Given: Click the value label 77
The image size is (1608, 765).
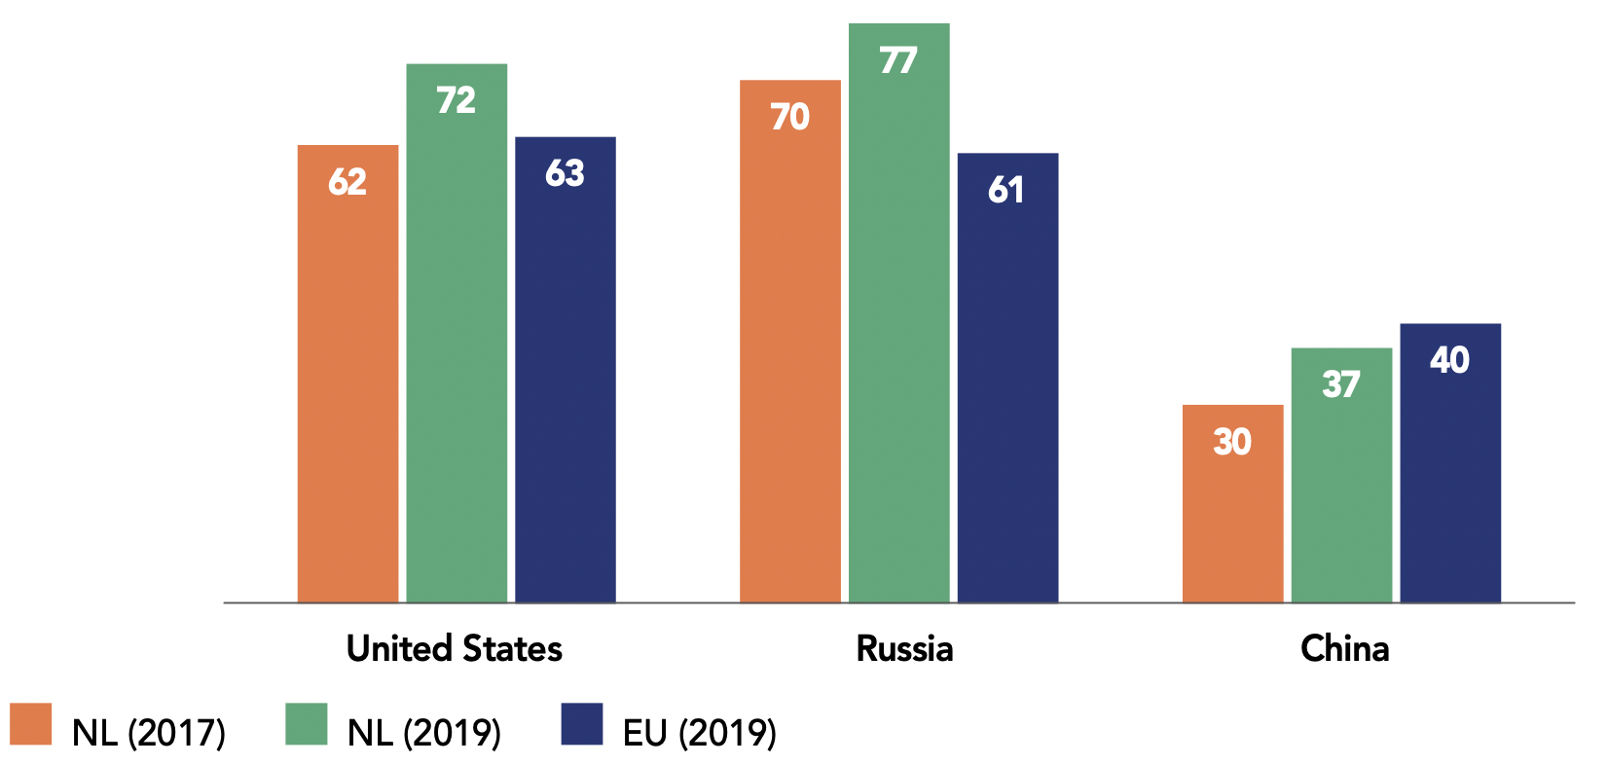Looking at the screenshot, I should pyautogui.click(x=898, y=61).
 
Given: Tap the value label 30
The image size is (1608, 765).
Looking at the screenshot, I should pyautogui.click(x=1232, y=442).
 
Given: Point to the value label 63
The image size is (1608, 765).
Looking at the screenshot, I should pyautogui.click(x=565, y=173).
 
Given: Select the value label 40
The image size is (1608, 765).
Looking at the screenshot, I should pyautogui.click(x=1450, y=360).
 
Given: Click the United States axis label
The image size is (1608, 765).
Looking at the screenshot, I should pyautogui.click(x=455, y=648).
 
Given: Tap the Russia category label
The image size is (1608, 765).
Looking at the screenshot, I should pyautogui.click(x=904, y=648).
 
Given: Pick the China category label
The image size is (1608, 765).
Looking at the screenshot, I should pyautogui.click(x=1344, y=648).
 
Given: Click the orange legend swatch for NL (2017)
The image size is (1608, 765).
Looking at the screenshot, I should pyautogui.click(x=31, y=724).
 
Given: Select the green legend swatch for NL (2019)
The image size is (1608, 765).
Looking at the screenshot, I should pyautogui.click(x=307, y=724).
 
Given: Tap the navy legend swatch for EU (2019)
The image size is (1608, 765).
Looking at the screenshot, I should pyautogui.click(x=582, y=724).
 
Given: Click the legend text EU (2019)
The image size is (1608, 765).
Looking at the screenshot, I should pyautogui.click(x=700, y=733).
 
